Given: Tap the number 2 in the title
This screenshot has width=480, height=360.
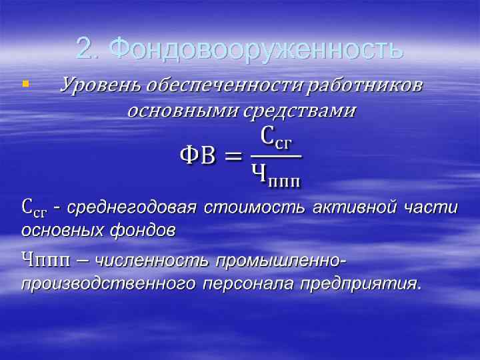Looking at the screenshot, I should tap(84, 48).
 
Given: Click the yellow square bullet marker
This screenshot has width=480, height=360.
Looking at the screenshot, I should tap(25, 85).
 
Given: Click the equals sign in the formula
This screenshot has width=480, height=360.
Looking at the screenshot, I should tap(231, 157).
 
